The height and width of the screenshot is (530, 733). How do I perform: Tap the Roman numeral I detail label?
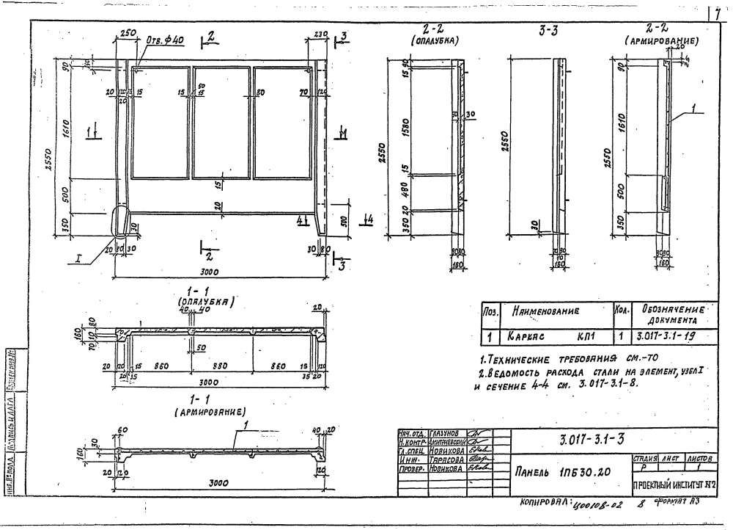tap(77, 258)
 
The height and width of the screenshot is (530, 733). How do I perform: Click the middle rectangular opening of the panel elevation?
tap(221, 123)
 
